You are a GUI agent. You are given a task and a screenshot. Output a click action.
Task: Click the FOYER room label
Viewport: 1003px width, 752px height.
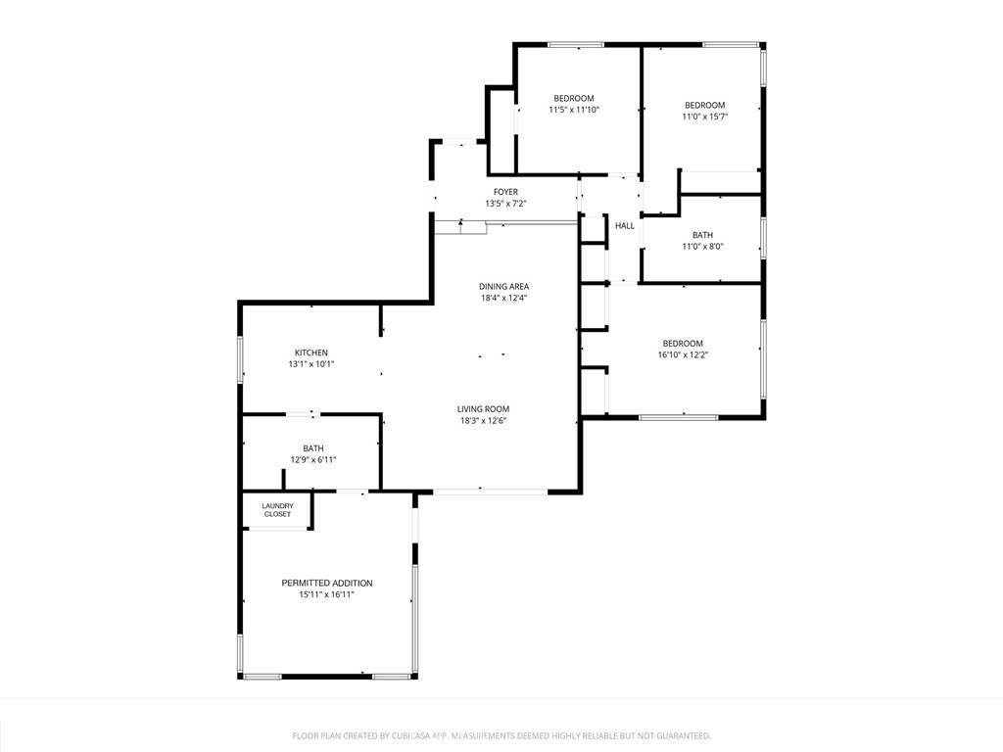tap(505, 192)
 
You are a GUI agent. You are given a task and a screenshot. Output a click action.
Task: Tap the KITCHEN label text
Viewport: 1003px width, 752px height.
tap(310, 352)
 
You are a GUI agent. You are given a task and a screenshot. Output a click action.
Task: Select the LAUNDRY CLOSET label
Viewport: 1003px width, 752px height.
tap(277, 509)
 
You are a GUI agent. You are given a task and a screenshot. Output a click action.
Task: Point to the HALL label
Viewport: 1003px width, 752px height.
tap(625, 226)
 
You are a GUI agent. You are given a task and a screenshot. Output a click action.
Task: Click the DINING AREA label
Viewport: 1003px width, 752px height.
tap(504, 287)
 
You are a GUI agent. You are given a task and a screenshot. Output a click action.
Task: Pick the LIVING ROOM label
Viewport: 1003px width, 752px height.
tap(483, 409)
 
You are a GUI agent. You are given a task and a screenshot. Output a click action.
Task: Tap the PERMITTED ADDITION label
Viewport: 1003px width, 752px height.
tap(327, 584)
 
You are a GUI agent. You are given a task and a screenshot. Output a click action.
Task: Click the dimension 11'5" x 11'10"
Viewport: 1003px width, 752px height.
tap(574, 110)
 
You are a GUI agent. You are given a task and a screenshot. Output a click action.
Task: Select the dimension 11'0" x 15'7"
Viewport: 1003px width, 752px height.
tap(705, 117)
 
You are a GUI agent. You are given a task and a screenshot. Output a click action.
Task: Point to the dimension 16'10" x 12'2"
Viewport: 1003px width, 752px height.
tap(683, 354)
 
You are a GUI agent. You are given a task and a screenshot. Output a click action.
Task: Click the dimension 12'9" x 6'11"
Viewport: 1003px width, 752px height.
tap(313, 460)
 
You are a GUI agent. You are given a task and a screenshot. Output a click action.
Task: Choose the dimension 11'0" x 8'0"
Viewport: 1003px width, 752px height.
tap(702, 246)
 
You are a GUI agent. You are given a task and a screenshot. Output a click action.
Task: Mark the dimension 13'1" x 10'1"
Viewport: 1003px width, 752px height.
tap(311, 364)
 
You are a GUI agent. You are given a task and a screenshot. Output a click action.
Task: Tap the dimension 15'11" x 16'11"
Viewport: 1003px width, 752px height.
tap(326, 594)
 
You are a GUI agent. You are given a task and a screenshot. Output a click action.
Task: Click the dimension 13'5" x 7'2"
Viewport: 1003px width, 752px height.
tap(505, 204)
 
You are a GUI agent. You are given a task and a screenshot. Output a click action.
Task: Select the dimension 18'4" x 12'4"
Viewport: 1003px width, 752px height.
tap(504, 298)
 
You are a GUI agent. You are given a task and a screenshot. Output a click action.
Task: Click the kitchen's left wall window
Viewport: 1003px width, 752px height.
tap(241, 359)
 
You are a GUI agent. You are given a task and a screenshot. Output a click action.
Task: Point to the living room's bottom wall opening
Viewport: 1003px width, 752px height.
tap(490, 492)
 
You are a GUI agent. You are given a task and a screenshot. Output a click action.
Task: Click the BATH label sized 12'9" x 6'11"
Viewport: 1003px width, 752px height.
tap(313, 448)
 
